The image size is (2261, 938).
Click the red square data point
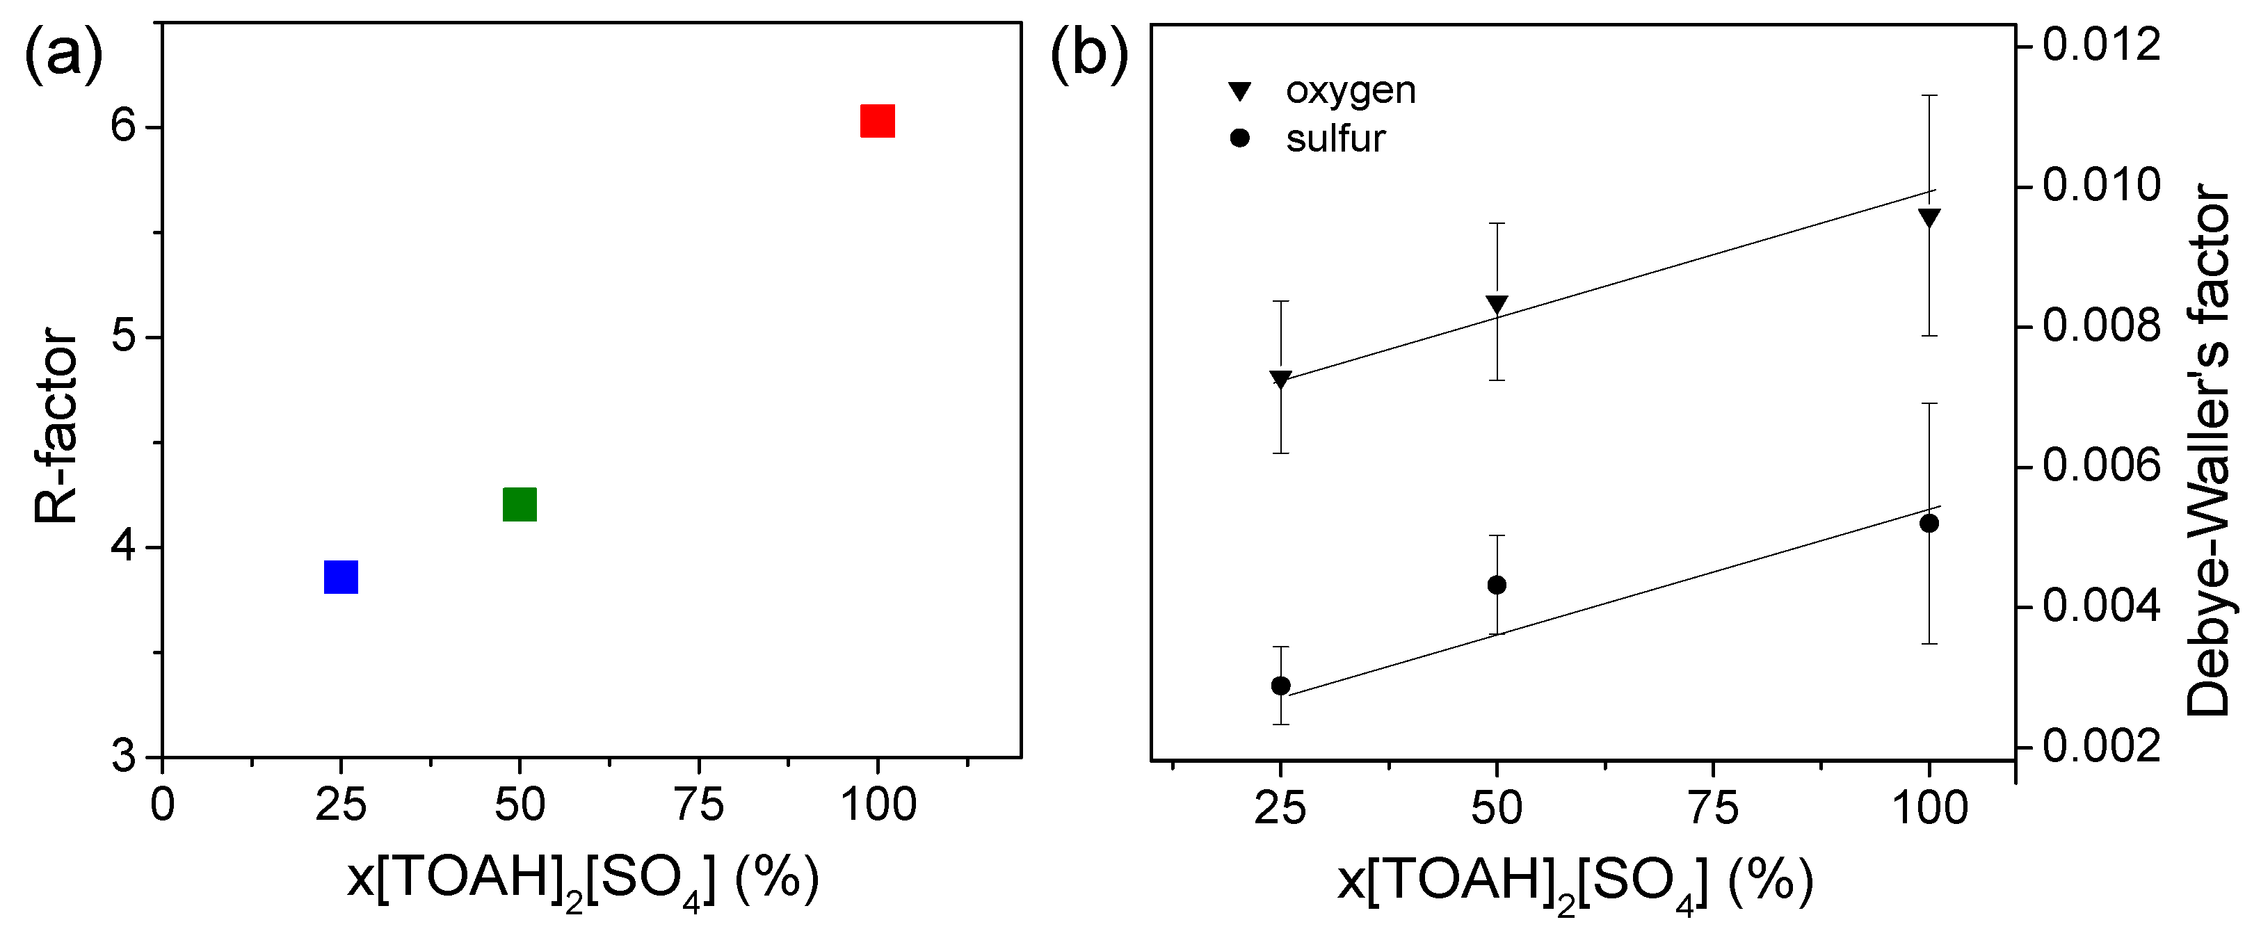point(877,121)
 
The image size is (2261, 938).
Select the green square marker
point(519,505)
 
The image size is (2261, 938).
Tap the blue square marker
point(341,577)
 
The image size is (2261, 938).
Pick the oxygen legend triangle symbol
point(1239,91)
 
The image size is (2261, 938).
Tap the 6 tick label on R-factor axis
point(123,127)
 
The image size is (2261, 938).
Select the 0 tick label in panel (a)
point(162,804)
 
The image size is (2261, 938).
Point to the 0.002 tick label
point(2101,747)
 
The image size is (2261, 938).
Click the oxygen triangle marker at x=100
point(1929,218)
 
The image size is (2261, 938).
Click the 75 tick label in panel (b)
point(1713,808)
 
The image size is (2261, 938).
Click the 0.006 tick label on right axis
point(2101,466)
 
